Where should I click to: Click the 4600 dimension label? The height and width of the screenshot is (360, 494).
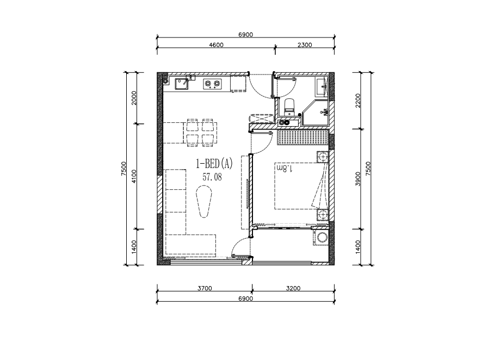tap(216, 45)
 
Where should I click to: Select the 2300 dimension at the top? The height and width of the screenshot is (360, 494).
tap(305, 45)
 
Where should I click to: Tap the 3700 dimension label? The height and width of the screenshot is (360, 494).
tap(205, 288)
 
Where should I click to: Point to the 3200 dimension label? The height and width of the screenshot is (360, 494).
tap(293, 288)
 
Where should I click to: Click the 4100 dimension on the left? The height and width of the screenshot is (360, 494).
tap(134, 176)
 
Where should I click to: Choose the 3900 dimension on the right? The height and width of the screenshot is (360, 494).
tap(357, 178)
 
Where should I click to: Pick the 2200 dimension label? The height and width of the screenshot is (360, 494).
tap(357, 101)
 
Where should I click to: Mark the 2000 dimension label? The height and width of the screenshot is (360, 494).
tap(134, 98)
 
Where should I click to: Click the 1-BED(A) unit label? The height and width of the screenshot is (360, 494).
tap(214, 164)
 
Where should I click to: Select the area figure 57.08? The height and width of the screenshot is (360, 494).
tap(212, 177)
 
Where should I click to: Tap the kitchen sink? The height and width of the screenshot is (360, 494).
tap(182, 84)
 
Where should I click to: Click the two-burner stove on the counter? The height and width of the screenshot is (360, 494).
tap(212, 84)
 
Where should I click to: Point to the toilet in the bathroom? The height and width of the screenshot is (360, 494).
tap(289, 107)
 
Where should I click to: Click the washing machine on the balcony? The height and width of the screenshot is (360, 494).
tap(322, 237)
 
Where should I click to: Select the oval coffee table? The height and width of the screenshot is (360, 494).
tap(204, 201)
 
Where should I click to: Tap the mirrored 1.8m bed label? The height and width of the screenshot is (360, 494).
tap(284, 167)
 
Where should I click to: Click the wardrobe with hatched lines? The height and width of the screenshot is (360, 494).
tap(302, 138)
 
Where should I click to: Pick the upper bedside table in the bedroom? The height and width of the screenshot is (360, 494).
tap(323, 157)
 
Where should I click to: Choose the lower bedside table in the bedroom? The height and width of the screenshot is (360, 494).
tap(323, 215)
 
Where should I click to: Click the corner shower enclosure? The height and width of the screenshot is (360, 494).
tap(316, 113)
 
